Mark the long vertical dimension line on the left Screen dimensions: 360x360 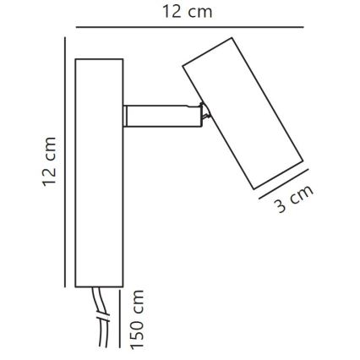pyautogui.click(x=66, y=161)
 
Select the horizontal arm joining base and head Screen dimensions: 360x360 pyautogui.click(x=156, y=116)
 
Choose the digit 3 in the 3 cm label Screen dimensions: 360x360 pyautogui.click(x=282, y=207)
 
